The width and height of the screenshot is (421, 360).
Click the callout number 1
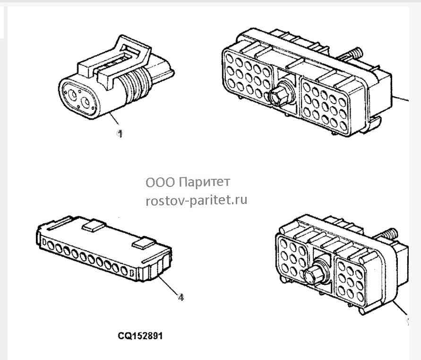(x=120, y=133)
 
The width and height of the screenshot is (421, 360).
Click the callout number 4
(x=181, y=298)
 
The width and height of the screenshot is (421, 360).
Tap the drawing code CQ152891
(x=140, y=336)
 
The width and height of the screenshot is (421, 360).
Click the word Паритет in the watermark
(x=204, y=182)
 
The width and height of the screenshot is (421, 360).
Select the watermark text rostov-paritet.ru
(x=196, y=200)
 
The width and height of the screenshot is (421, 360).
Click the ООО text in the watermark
(x=160, y=183)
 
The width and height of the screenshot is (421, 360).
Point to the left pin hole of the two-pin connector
(x=72, y=95)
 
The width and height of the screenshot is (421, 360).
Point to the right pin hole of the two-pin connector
(x=86, y=103)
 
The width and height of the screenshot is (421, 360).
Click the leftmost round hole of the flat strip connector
(x=51, y=245)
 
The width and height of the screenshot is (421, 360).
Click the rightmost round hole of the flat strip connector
(x=124, y=270)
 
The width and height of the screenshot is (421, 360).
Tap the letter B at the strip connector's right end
(x=132, y=274)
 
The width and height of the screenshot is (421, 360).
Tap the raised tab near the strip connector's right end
(x=144, y=243)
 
